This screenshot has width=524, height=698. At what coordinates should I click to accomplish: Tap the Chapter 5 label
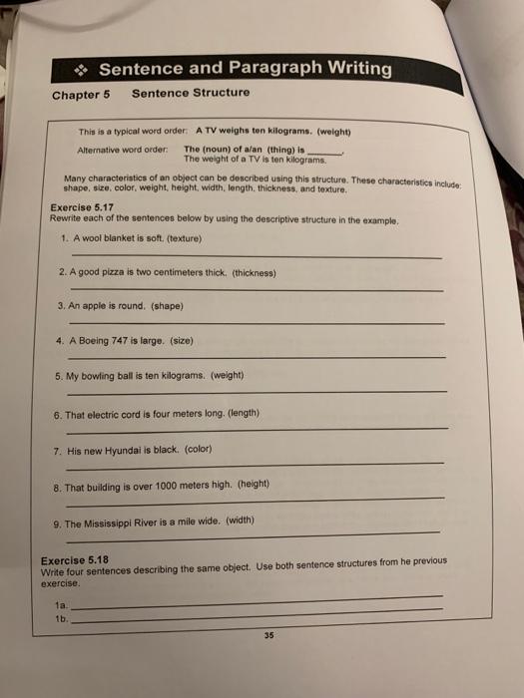81,96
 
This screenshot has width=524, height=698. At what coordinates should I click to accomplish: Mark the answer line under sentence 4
256,358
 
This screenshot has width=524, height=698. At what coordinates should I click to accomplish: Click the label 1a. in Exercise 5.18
63,606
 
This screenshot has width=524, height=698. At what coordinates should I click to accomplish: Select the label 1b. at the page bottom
63,618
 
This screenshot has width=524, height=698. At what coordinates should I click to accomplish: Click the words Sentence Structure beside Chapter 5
191,94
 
